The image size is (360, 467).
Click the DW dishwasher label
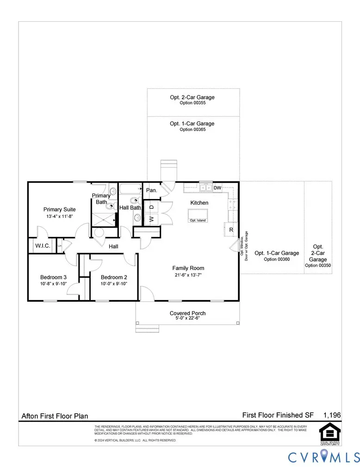pos(217,187)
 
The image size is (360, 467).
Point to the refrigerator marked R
pos(231,230)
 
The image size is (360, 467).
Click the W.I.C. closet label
pos(43,246)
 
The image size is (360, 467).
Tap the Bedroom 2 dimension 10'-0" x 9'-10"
pos(114,284)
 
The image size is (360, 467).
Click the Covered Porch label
pos(187,313)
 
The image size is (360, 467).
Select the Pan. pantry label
pos(151,190)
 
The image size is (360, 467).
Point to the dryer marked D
pos(151,206)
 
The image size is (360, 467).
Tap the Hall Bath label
pos(130,208)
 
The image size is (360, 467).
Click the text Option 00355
pos(192,103)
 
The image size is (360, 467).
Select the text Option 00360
pos(277,259)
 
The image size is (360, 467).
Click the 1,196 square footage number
pos(332,415)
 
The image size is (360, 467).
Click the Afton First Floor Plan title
pos(55,416)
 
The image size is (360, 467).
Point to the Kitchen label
pos(199,203)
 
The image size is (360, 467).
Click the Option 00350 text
pos(318,265)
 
